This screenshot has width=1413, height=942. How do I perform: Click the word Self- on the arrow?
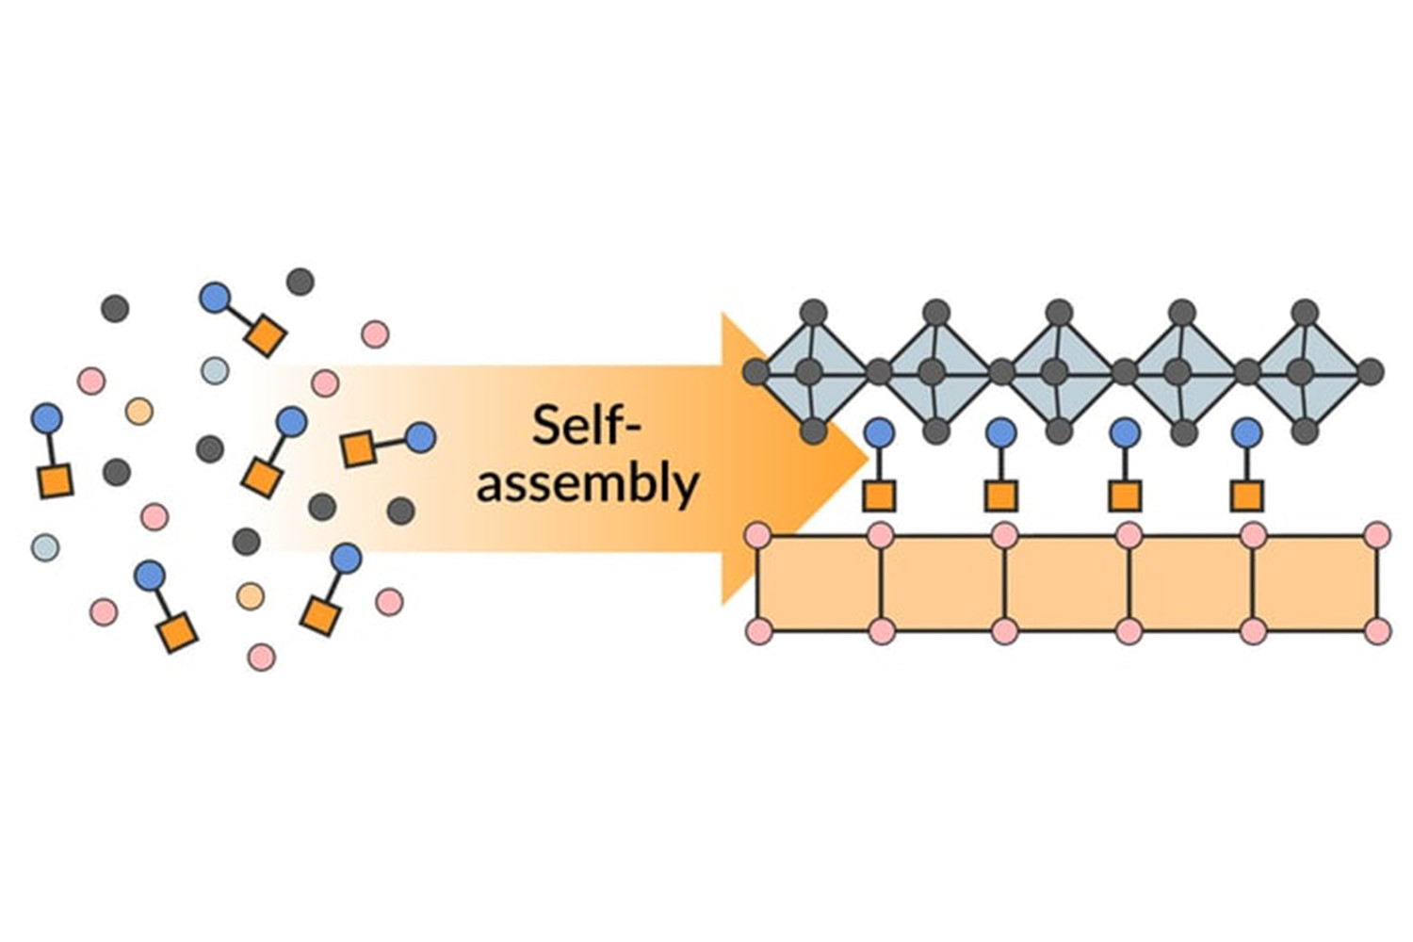coord(586,426)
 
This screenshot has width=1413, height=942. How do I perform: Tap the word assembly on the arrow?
coord(587,484)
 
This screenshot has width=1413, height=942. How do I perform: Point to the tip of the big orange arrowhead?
coord(867,459)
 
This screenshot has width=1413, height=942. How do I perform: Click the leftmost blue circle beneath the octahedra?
coord(878,432)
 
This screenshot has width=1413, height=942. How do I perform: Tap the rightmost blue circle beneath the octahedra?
coord(1247,432)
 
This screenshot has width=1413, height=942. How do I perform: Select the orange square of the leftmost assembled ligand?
coord(878,495)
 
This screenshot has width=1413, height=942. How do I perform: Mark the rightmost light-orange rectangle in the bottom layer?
coord(1315,583)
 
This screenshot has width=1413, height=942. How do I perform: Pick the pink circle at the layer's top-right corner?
coord(1377,536)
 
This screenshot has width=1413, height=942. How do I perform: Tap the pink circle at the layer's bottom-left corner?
coord(758,631)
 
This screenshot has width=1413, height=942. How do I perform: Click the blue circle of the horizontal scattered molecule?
coord(420,437)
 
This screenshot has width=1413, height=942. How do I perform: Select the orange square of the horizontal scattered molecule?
coord(358,449)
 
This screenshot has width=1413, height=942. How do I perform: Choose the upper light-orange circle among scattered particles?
coord(138,411)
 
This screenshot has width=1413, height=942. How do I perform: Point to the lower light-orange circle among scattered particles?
coord(250,595)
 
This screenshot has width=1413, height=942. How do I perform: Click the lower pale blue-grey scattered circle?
coord(45,546)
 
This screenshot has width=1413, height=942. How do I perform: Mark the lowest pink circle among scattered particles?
coord(261,657)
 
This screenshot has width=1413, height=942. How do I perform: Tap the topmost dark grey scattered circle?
coord(300,281)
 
